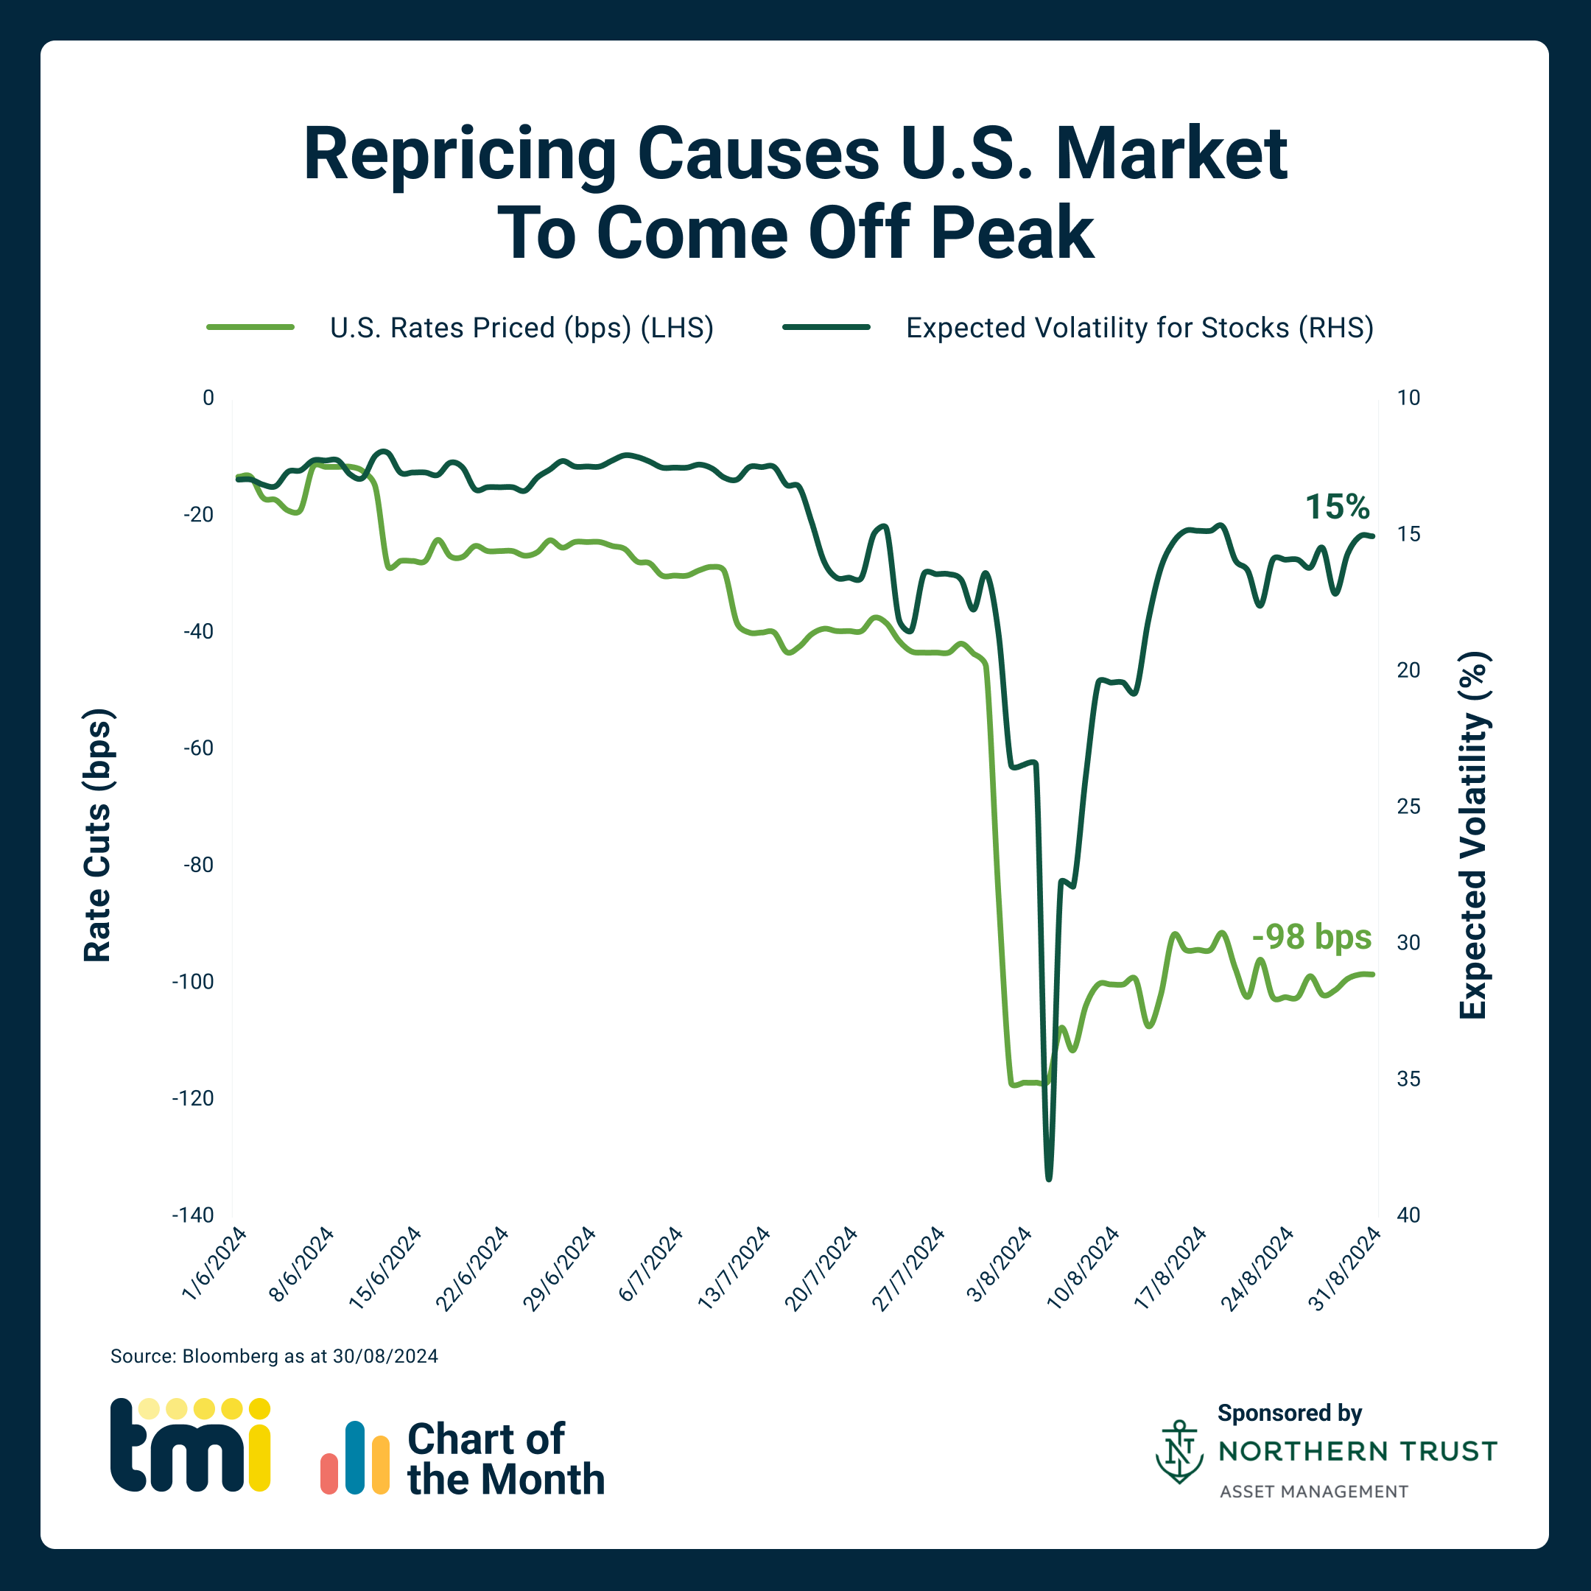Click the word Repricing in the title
point(460,156)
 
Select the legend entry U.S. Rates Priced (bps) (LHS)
point(521,328)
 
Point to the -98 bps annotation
point(1311,937)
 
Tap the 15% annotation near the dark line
point(1337,507)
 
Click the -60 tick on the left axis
point(197,748)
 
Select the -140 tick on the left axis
point(193,1215)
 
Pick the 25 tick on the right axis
point(1408,807)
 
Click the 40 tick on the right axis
point(1408,1215)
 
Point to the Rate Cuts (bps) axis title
point(97,835)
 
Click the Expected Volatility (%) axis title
point(1473,835)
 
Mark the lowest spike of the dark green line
point(1048,1179)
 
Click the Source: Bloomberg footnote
point(274,1356)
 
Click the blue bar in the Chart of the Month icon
point(355,1457)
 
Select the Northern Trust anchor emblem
point(1179,1452)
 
